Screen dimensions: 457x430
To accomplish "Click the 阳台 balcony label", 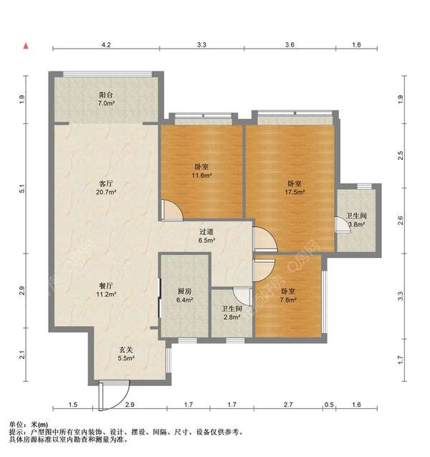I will pos(106,94).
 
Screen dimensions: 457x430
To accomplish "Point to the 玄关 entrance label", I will pos(126,349).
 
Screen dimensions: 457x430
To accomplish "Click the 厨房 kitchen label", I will pos(184,291).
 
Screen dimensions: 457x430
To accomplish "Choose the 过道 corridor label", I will pos(207,231).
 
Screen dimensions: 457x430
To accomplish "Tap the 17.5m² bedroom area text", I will pos(292,193).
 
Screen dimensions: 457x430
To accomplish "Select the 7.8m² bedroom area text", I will pos(287,301).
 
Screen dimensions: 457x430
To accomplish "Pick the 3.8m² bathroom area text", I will pos(356,225).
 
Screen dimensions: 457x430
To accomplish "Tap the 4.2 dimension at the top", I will pos(106,44).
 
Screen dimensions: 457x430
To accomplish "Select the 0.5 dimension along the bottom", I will pos(329,406).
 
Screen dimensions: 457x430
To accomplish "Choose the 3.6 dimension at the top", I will pos(290,44).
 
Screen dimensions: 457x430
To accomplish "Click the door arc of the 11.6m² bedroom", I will pos(172,209).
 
